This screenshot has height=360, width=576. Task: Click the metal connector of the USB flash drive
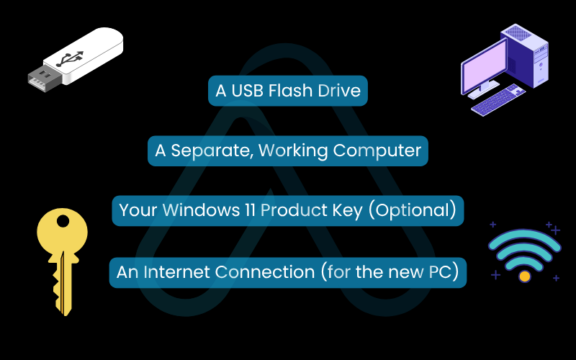43,79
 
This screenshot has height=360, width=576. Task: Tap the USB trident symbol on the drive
70,59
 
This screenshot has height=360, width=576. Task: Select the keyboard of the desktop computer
498,99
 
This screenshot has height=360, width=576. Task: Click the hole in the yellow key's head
63,221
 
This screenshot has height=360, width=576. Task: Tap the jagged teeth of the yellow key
57,290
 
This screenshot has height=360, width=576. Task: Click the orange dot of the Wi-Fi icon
525,276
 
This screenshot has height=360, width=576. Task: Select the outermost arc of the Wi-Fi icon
525,235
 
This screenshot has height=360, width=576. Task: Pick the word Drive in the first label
339,91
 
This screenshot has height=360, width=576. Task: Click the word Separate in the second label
212,150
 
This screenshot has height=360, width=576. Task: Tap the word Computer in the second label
377,150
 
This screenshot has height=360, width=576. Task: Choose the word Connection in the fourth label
265,272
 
